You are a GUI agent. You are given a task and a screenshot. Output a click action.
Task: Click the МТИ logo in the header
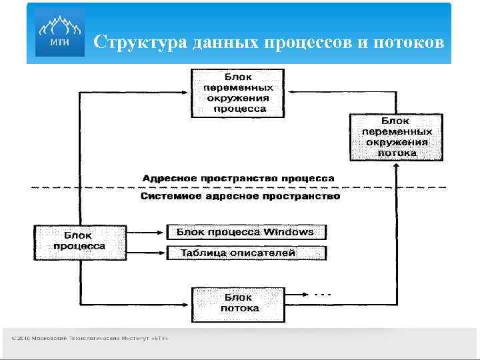pyautogui.click(x=59, y=33)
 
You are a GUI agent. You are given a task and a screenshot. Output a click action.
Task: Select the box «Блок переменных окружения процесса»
pyautogui.click(x=238, y=93)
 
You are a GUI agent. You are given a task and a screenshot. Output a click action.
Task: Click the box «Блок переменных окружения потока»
pyautogui.click(x=397, y=137)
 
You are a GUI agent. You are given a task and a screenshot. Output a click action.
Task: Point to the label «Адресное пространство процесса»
pyautogui.click(x=238, y=178)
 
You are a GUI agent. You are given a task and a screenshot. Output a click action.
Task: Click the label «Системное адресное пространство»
pyautogui.click(x=240, y=197)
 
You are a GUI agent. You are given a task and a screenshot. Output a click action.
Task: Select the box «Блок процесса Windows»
pyautogui.click(x=245, y=232)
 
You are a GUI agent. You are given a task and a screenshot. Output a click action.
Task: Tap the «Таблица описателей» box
pyautogui.click(x=245, y=253)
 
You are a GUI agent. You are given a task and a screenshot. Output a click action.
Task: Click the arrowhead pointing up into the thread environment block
pyautogui.click(x=397, y=165)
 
